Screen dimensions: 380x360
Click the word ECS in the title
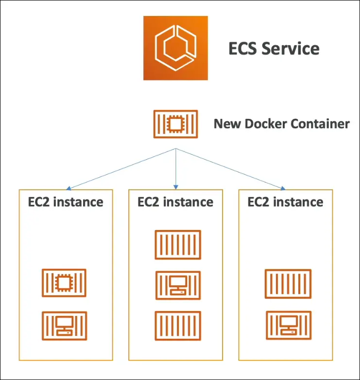245,49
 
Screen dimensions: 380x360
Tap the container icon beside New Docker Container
175,124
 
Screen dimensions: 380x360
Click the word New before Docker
225,124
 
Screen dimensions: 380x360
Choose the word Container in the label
320,124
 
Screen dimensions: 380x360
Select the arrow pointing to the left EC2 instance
121,169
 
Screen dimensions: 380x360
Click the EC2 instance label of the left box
65,202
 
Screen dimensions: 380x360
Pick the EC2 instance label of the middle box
175,202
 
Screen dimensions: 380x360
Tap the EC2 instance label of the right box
285,202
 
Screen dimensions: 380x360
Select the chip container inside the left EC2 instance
64,282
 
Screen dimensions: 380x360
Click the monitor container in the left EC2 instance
64,325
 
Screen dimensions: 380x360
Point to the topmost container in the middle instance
177,245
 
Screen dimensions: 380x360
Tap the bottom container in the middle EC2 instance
177,325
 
